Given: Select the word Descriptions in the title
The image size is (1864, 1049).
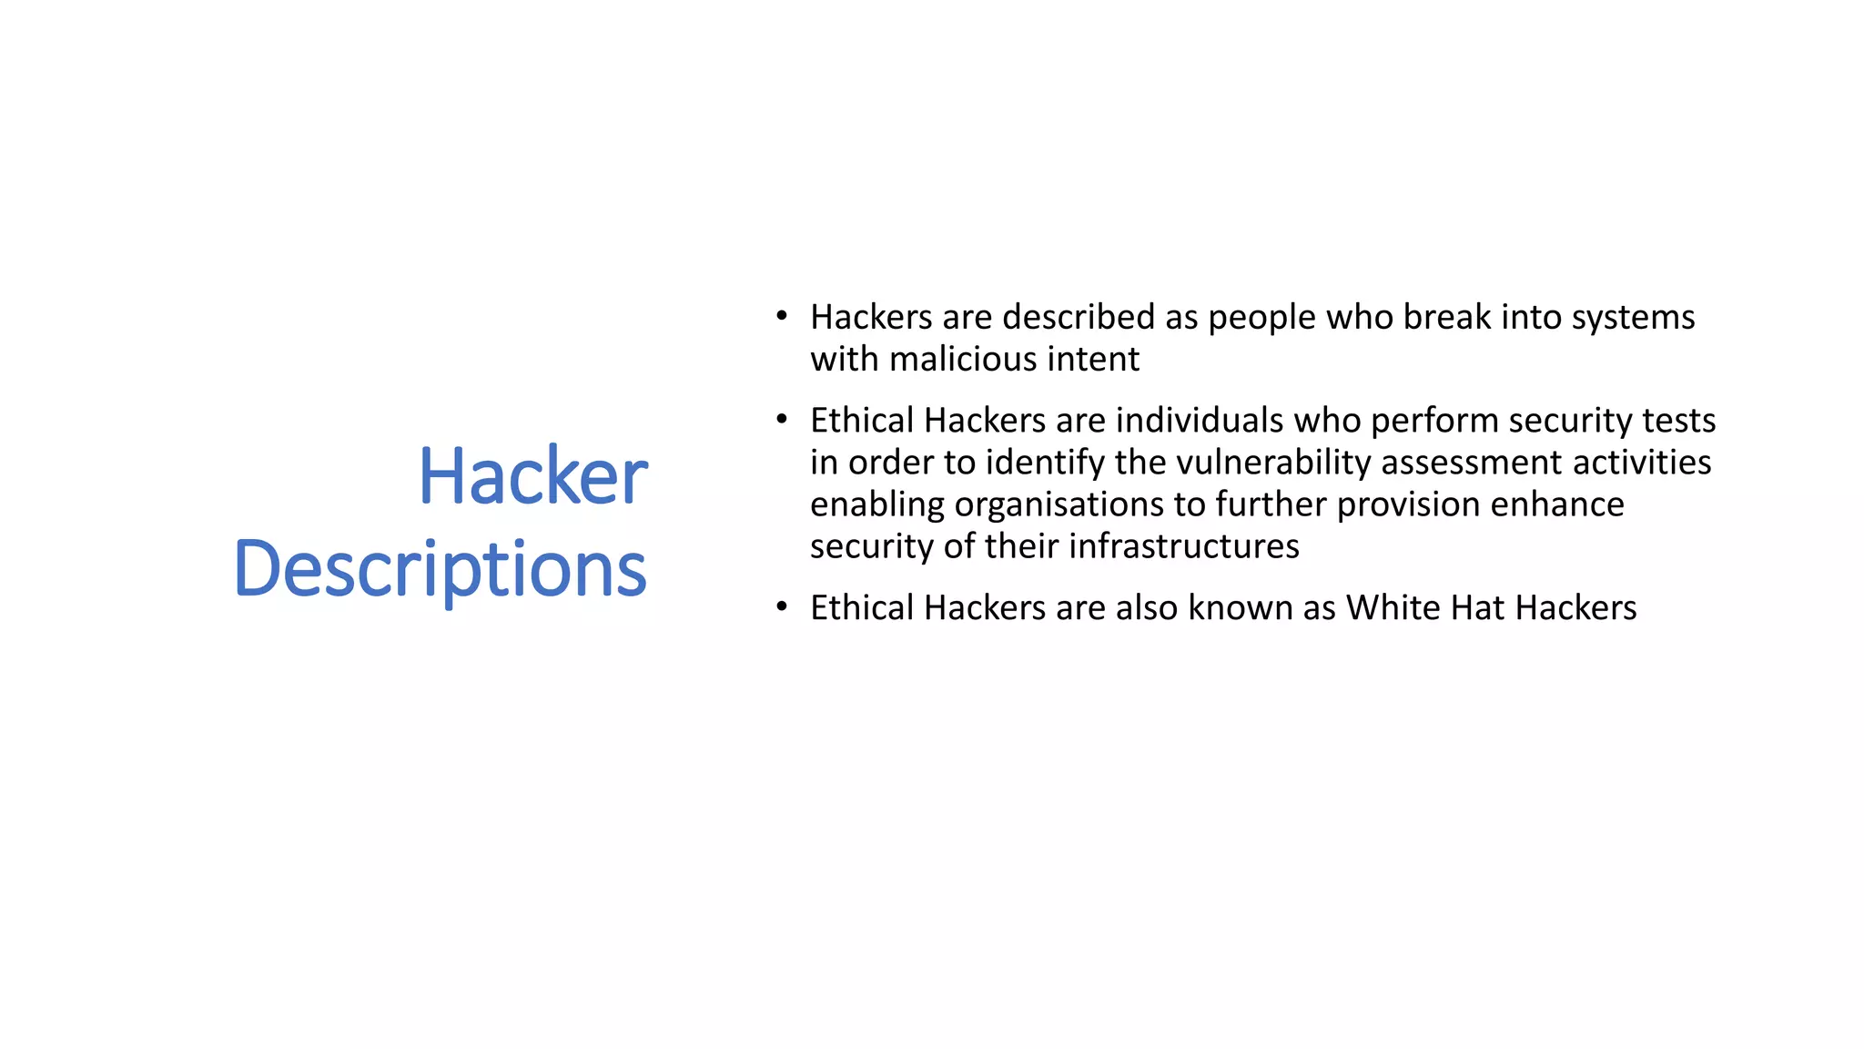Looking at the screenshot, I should (441, 569).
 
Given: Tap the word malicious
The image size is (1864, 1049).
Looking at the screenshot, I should (962, 359).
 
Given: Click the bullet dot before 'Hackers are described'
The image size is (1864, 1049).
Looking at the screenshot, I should (781, 317).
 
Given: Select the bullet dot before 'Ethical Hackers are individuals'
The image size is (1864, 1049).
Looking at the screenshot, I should (781, 421).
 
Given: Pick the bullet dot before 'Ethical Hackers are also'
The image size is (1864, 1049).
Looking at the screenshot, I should (781, 607).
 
